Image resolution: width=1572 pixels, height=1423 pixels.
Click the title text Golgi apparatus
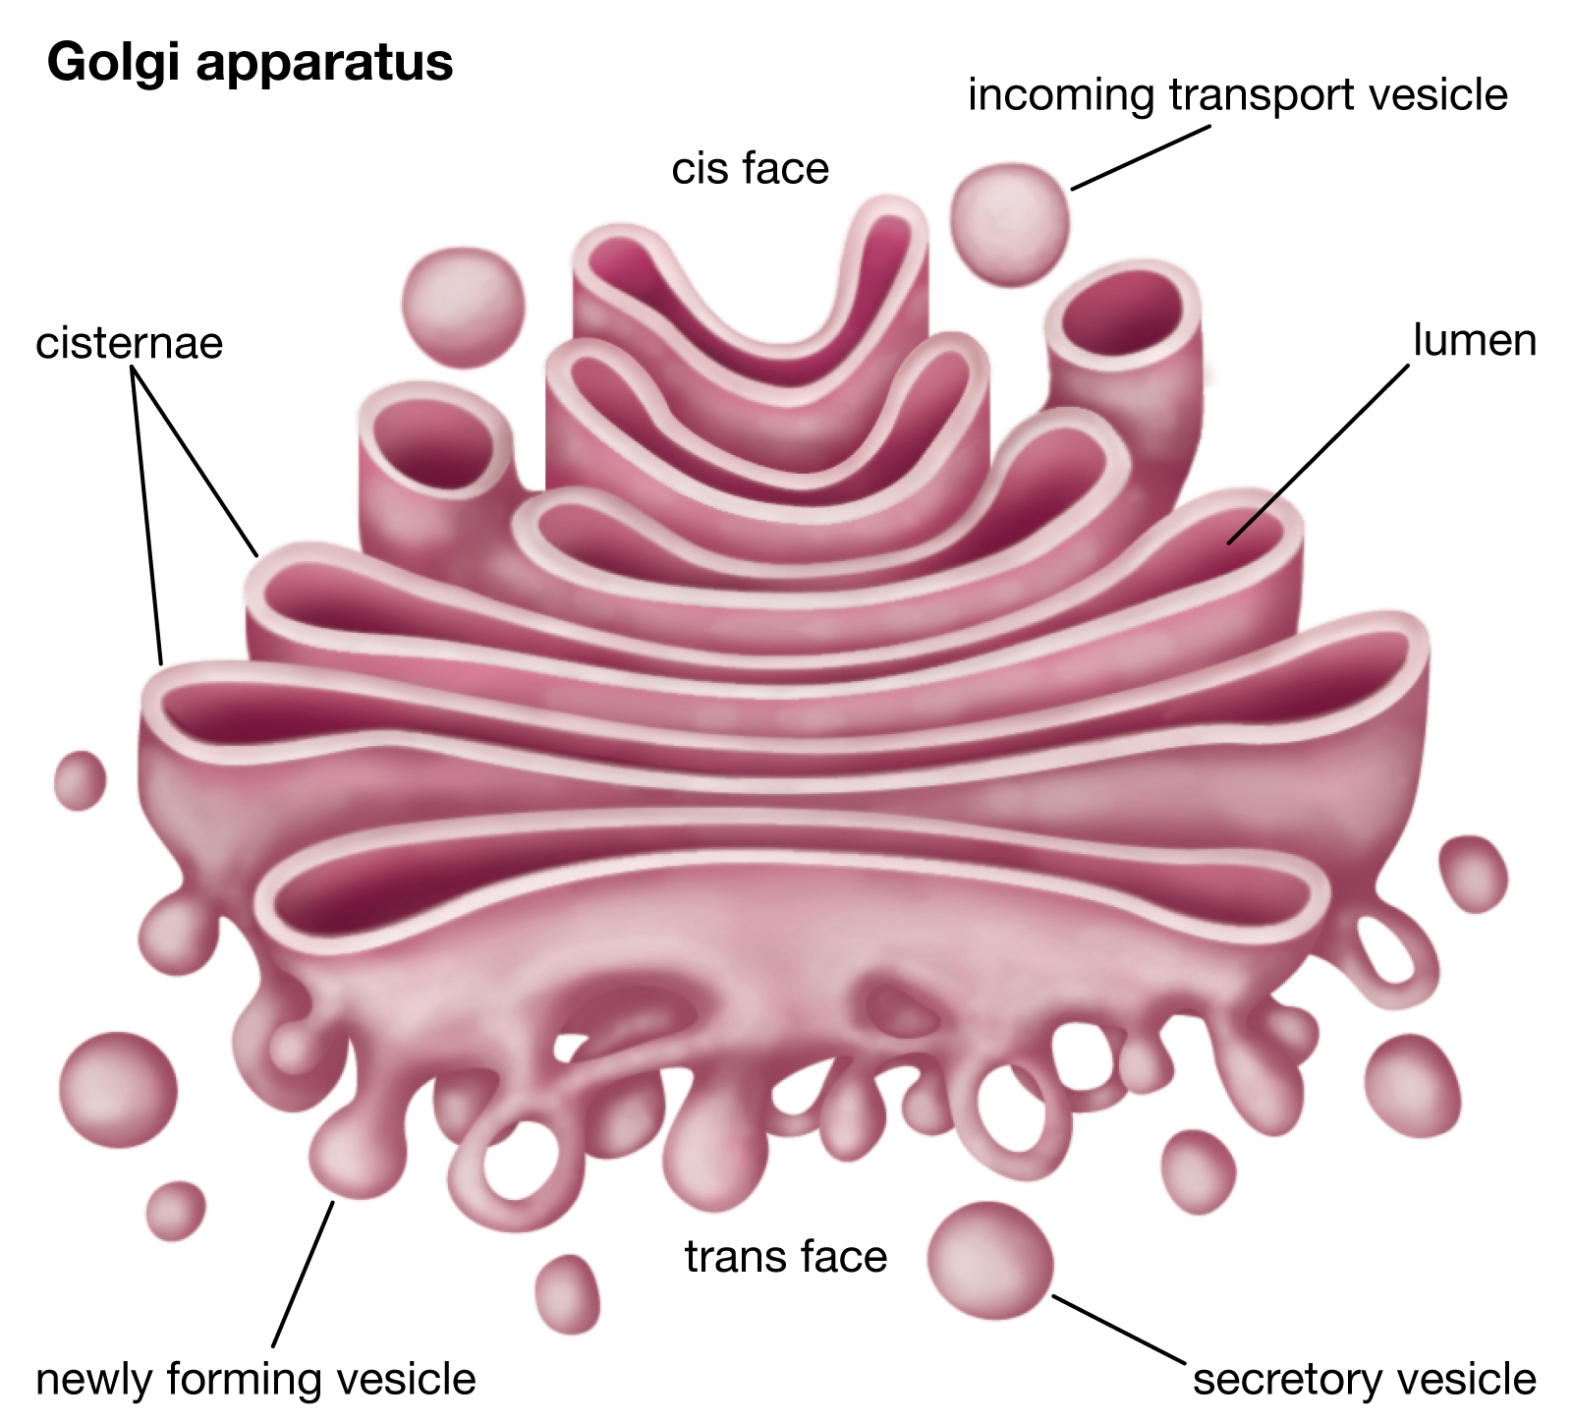tap(250, 63)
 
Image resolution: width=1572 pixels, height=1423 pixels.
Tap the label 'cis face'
tap(750, 168)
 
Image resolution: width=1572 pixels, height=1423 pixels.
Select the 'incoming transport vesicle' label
tap(1237, 95)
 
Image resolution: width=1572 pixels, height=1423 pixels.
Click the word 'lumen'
tap(1474, 340)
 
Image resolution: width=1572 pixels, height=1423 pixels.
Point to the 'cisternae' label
tap(129, 343)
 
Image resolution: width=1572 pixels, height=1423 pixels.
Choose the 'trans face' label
tap(785, 1256)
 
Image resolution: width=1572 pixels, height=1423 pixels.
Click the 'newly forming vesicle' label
tap(255, 1379)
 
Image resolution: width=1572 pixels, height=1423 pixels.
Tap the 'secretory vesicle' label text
tap(1364, 1379)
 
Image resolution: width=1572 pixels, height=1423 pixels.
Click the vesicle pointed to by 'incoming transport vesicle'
tap(1009, 224)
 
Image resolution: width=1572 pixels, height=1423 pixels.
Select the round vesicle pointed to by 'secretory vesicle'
tap(989, 1260)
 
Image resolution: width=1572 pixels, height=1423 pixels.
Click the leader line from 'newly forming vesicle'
tap(303, 1273)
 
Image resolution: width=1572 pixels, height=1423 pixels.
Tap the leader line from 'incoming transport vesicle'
tap(1140, 157)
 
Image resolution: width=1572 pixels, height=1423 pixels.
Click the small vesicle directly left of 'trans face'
tap(567, 1293)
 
